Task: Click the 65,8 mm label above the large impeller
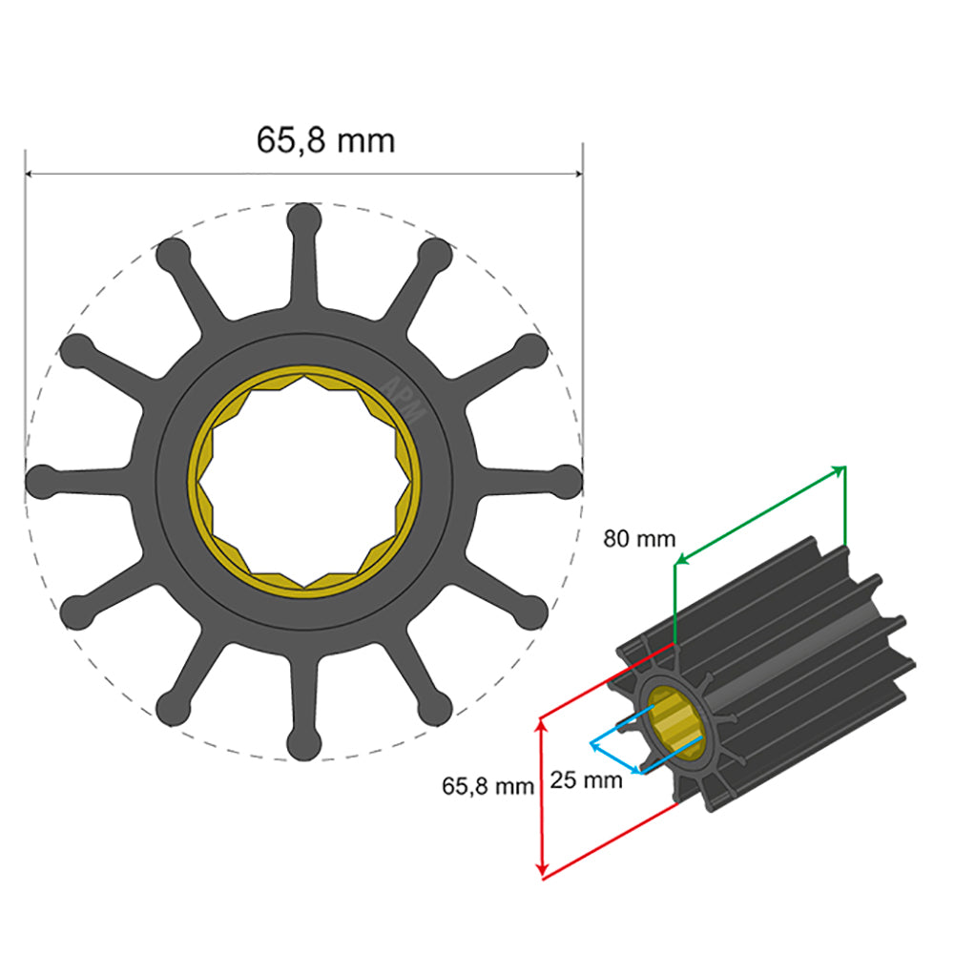(325, 140)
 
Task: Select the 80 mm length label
(638, 539)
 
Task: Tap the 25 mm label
(587, 780)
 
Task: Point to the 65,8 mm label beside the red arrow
(487, 787)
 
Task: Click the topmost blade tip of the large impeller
(303, 218)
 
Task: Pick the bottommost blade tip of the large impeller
(303, 745)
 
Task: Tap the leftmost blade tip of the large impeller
(41, 482)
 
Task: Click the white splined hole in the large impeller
(303, 482)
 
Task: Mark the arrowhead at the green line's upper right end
(840, 469)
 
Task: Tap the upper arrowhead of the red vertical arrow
(542, 724)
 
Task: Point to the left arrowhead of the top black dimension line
(31, 175)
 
